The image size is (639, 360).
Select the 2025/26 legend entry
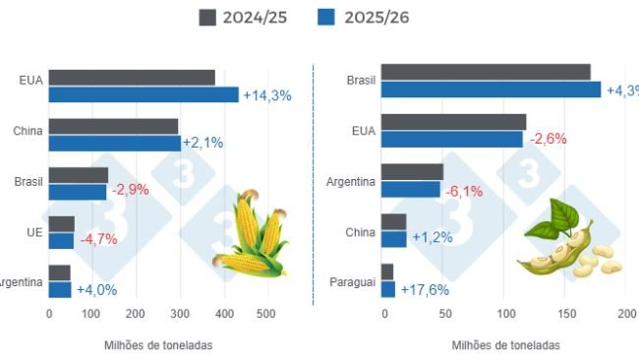364,18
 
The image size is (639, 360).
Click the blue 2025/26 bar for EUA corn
144,94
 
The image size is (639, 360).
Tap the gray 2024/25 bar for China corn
113,126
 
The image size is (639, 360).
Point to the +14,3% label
267,95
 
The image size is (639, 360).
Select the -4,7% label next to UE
98,238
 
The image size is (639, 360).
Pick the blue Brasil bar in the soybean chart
491,90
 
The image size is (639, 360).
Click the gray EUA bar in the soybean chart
453,122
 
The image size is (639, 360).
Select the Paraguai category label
353,281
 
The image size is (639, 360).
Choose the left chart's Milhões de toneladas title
157,345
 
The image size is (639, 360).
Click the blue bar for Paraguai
387,289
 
